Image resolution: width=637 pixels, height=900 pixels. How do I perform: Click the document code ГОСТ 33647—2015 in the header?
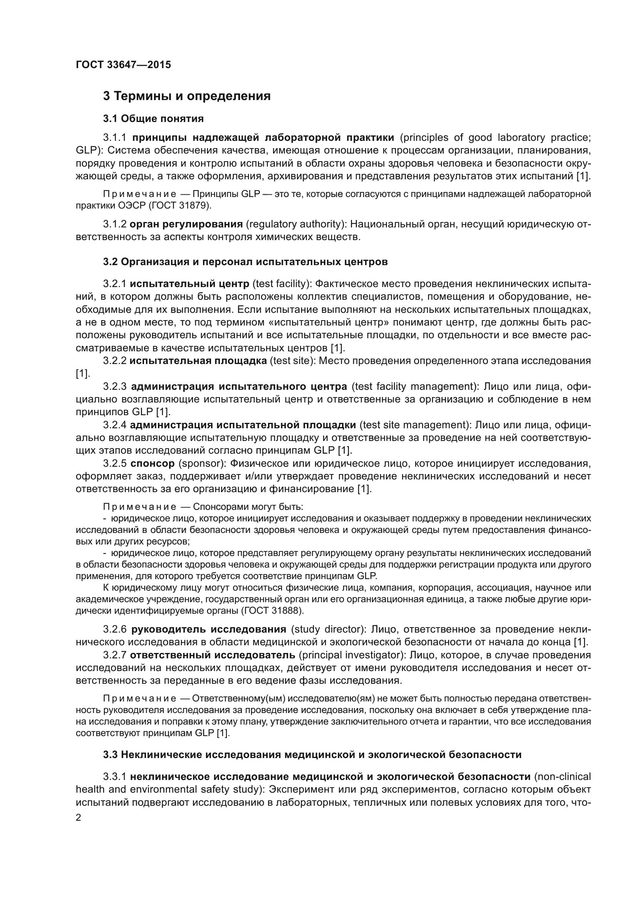[x=123, y=65]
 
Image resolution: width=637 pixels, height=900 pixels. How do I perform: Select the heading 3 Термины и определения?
[x=187, y=96]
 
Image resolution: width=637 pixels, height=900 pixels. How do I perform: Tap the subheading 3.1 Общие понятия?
[x=153, y=119]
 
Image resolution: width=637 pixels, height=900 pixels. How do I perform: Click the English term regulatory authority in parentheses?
[x=294, y=224]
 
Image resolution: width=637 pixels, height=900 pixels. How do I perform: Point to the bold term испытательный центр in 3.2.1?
[x=189, y=284]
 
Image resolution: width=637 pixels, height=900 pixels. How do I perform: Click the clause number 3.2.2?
[x=114, y=361]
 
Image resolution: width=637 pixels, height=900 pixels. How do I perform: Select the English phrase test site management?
[x=416, y=425]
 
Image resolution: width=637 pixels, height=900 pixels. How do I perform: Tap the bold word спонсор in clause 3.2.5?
[x=153, y=463]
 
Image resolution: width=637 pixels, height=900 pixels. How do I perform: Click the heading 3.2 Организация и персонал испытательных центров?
[x=246, y=262]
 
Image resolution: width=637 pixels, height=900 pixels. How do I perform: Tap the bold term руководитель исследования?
[x=209, y=629]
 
